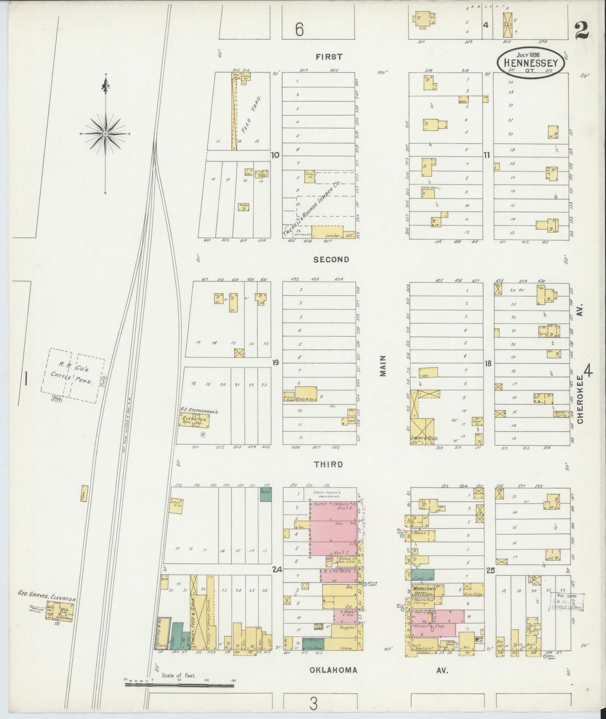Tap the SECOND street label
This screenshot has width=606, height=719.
[331, 260]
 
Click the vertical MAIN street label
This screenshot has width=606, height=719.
[382, 366]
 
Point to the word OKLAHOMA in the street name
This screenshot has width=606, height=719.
[333, 670]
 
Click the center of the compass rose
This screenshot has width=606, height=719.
[106, 133]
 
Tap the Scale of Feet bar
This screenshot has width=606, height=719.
[179, 685]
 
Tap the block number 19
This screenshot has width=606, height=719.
[276, 362]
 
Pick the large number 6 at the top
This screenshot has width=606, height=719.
[299, 30]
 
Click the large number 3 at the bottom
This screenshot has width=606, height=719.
[314, 703]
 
